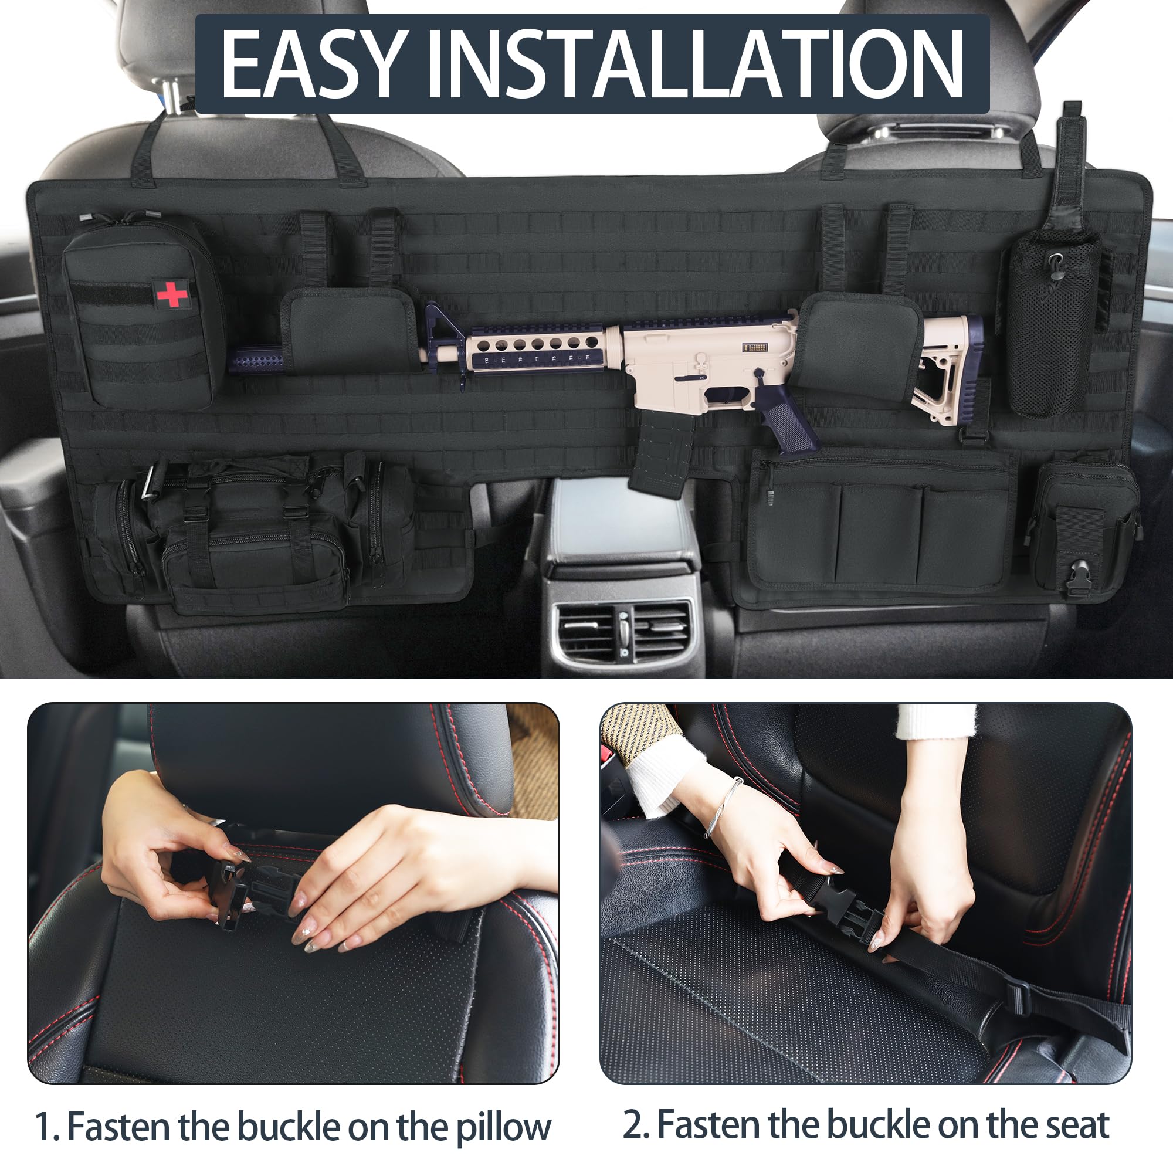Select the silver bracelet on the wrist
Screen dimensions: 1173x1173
click(x=726, y=808)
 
